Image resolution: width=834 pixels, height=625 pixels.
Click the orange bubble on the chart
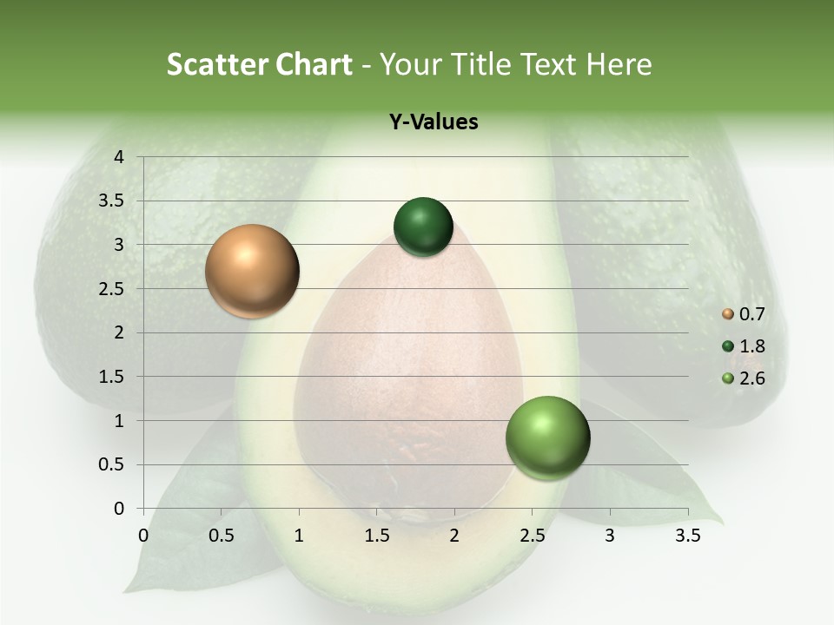(252, 271)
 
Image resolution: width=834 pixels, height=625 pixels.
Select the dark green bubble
(423, 227)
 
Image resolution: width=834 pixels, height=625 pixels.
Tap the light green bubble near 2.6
(547, 437)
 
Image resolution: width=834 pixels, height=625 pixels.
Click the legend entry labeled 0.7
(743, 314)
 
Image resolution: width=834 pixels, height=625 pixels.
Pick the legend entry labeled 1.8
(743, 346)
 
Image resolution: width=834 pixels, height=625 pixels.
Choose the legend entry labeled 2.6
(743, 378)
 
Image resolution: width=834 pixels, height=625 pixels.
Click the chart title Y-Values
(433, 122)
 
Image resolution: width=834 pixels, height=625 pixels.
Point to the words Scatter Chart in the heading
(259, 64)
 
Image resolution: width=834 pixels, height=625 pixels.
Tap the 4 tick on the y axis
(118, 157)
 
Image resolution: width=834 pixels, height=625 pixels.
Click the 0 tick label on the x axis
(143, 536)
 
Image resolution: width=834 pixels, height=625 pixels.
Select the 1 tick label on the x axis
(299, 536)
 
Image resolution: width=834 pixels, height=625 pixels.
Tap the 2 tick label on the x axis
(454, 536)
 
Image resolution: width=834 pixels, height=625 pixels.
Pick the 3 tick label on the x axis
(610, 536)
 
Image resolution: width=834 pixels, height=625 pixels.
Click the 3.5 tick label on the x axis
(687, 536)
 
